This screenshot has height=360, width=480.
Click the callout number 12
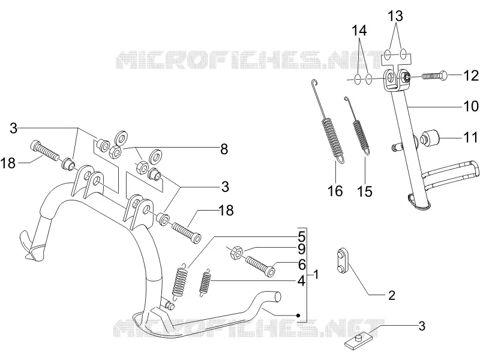(471, 76)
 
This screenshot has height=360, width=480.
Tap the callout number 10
(471, 106)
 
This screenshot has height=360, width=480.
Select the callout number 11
(470, 137)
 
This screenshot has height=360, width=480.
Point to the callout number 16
(335, 191)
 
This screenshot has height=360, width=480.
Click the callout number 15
(365, 191)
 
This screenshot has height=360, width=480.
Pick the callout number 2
(392, 295)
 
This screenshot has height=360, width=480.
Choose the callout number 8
(224, 149)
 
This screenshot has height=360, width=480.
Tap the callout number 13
(395, 16)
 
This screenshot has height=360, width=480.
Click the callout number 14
(359, 31)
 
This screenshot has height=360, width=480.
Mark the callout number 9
(302, 250)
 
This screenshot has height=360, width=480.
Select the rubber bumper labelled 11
(430, 138)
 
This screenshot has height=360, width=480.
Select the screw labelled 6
(260, 266)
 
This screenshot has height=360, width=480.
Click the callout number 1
(316, 275)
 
